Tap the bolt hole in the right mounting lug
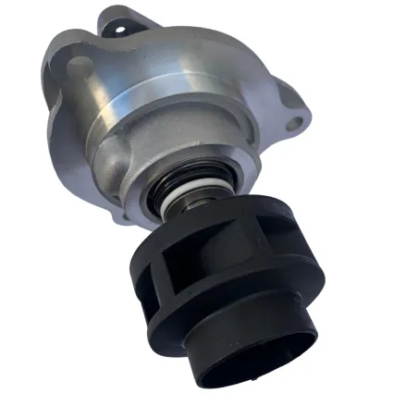pyautogui.click(x=297, y=122)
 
